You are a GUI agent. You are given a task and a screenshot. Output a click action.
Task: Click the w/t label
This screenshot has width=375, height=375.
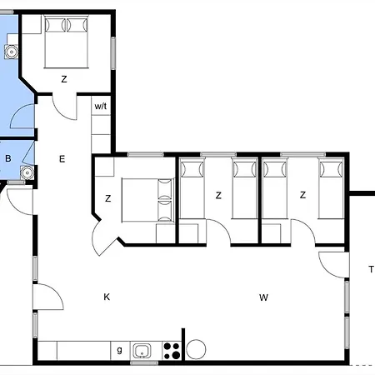(100, 107)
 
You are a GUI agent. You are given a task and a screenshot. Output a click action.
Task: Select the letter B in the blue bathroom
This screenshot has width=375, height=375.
(7, 158)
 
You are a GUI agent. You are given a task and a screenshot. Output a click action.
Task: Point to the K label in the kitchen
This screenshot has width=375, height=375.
(107, 297)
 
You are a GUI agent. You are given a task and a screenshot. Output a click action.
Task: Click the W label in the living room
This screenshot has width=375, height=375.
(263, 297)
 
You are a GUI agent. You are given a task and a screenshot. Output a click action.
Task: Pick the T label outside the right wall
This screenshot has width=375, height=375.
(371, 268)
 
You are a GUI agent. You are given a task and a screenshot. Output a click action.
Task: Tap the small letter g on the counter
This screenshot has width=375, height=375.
(119, 350)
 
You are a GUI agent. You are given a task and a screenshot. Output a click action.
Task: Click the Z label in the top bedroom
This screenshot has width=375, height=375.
(63, 79)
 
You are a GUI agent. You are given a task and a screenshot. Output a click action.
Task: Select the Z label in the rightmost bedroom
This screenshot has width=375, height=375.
(303, 196)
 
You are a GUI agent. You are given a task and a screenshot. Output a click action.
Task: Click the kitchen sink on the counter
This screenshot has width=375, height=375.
(142, 350)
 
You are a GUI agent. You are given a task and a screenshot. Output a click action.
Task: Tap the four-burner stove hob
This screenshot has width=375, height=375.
(172, 350)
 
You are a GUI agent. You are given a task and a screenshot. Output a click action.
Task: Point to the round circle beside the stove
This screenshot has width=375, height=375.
(196, 349)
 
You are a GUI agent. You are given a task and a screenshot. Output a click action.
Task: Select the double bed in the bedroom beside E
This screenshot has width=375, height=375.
(146, 198)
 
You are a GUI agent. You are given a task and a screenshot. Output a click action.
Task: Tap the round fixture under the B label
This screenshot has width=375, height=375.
(26, 173)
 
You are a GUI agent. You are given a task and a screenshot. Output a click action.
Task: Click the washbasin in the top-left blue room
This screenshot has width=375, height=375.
(10, 51)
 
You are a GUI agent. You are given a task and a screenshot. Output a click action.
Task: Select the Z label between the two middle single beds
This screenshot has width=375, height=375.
(218, 196)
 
